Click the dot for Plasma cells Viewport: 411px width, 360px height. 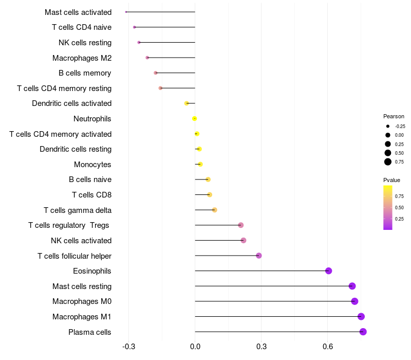click(363, 332)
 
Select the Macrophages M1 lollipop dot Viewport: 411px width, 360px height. click(361, 316)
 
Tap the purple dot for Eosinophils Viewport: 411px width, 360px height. click(329, 271)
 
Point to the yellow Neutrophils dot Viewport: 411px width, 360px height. click(195, 119)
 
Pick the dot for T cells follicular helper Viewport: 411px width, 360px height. click(259, 256)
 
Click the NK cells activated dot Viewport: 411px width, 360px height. click(244, 241)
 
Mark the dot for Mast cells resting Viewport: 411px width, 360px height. click(352, 286)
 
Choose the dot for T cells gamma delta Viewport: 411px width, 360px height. click(215, 210)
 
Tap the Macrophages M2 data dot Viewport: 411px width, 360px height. click(147, 58)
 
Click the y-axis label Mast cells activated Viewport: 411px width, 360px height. click(78, 12)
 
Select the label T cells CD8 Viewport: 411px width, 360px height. click(91, 195)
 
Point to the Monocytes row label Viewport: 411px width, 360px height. click(92, 165)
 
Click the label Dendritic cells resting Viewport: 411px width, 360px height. click(76, 149)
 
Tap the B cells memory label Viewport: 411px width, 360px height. click(85, 73)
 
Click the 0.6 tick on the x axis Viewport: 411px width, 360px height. click(327, 347)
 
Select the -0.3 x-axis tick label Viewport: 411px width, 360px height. click(128, 347)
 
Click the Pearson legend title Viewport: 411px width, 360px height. click(394, 116)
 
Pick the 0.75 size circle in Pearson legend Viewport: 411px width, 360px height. click(388, 162)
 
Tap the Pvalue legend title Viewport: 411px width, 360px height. click(391, 180)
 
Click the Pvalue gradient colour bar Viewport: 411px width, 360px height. click(388, 207)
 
